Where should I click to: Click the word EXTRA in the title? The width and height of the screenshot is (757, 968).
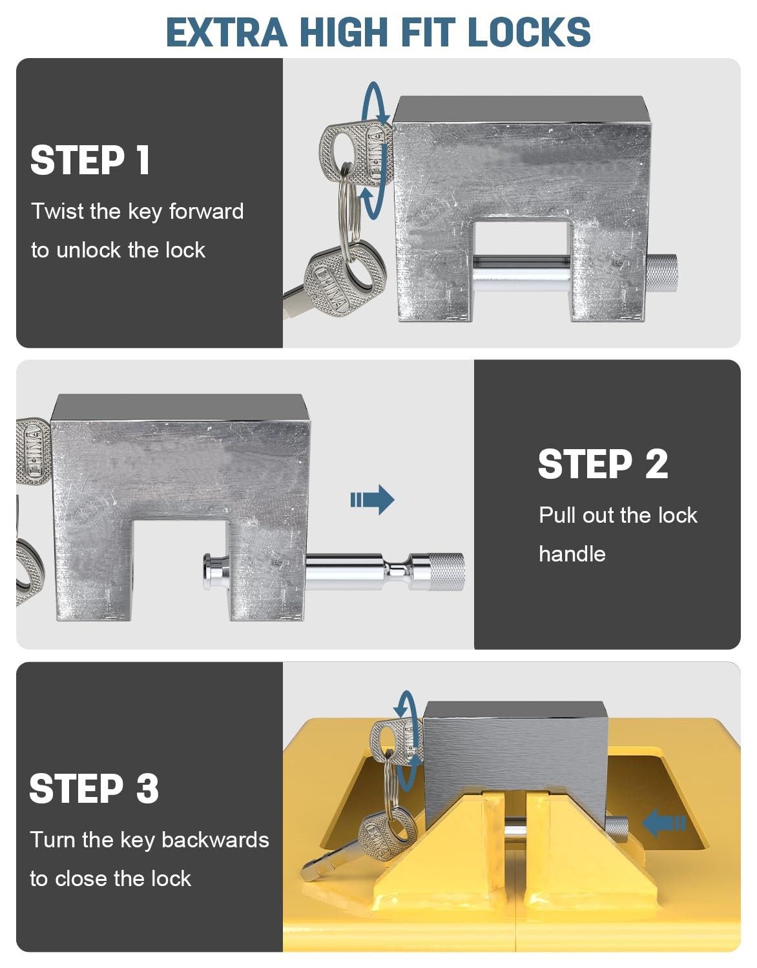226,32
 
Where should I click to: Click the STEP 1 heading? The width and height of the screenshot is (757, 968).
90,160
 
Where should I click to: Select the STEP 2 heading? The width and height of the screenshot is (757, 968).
603,464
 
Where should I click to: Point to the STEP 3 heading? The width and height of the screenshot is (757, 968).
94,788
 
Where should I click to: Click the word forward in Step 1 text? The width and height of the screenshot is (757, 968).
206,211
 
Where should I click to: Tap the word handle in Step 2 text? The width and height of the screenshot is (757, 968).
572,554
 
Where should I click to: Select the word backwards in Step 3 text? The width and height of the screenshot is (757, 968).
215,840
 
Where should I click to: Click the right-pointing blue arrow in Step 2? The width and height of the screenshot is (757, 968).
373,499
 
